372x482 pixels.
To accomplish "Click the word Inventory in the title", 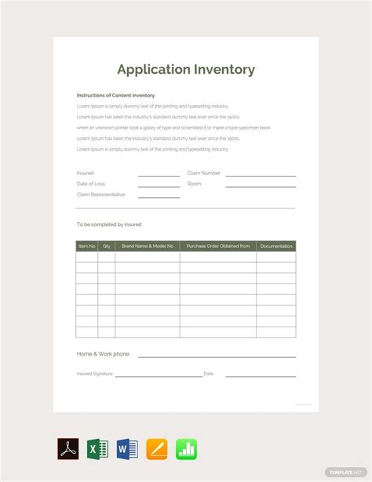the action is pos(223,69).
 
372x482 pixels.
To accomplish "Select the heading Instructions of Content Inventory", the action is pos(115,95).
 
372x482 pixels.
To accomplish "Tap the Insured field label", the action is pos(85,173).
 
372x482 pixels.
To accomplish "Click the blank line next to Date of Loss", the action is pos(159,186).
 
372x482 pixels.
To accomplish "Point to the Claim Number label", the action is pos(204,173).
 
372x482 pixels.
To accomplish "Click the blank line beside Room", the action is pos(261,186).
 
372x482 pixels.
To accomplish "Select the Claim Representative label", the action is pos(100,194).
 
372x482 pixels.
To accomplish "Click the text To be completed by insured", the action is pos(109,225).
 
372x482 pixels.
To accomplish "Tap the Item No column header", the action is pos(86,246).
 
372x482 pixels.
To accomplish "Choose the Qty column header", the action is pos(107,246).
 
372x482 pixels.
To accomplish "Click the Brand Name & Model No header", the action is pos(148,246).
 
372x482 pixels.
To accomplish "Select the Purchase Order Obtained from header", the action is pos(218,246).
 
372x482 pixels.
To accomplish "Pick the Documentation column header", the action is pos(276,246).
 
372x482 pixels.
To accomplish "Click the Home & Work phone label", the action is pos(103,354).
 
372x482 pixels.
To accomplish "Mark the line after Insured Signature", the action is pos(159,376).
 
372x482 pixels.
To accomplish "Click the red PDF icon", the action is pos(68,449).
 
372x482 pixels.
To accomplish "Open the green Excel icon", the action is pos(98,449).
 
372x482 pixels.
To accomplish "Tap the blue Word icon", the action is pos(127,449).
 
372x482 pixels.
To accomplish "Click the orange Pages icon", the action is pos(157,449).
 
